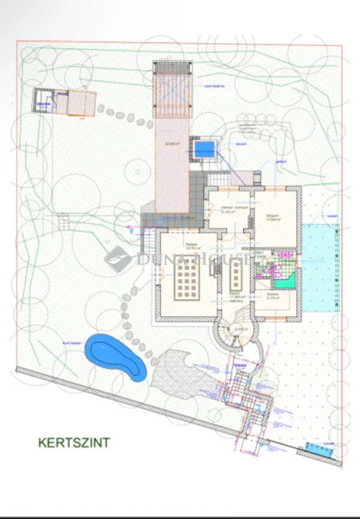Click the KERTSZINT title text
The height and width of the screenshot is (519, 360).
tap(74, 443)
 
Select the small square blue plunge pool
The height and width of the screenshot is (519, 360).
tap(205, 148)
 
